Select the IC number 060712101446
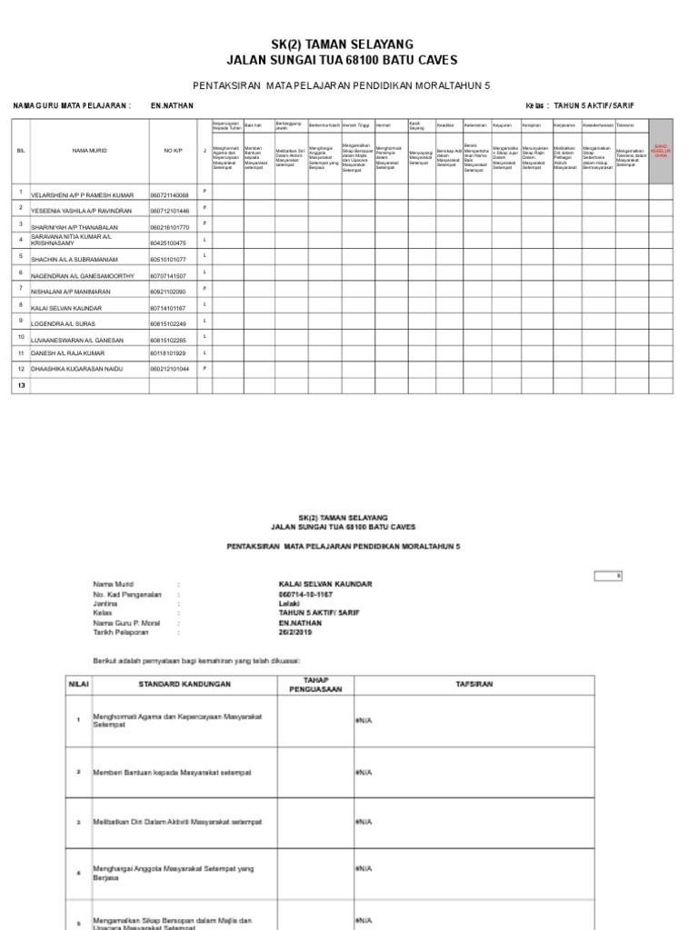point(170,210)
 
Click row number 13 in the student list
point(19,386)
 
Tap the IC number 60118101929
point(168,353)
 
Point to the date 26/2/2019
point(294,632)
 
